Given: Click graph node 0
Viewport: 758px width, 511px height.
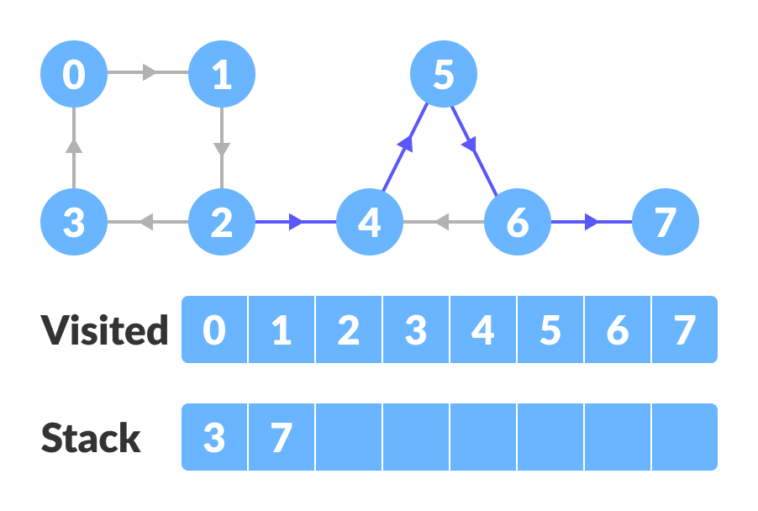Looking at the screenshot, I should point(74,76).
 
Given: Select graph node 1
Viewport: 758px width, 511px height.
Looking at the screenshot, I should point(221,76).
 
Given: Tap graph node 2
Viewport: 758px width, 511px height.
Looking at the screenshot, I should point(221,223).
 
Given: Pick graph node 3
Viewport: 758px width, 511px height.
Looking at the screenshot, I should point(74,223).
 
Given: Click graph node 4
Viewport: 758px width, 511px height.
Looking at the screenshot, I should point(369,223).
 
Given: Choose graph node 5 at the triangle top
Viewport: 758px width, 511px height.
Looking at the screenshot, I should point(443,76).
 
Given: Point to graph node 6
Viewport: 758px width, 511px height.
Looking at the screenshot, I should point(517,223).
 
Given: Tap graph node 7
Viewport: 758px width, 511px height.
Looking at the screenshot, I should point(665,223).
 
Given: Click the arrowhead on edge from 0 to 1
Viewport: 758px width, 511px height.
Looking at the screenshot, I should point(150,73).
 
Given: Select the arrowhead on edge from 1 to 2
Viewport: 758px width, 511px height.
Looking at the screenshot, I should point(221,150).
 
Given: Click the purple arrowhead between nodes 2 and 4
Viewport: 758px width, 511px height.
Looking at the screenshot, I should point(296,223).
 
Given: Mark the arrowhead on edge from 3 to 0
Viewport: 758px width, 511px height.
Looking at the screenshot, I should point(74,146).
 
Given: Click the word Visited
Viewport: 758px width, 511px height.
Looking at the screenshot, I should point(105,330).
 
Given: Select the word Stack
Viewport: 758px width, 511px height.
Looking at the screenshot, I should point(91,438).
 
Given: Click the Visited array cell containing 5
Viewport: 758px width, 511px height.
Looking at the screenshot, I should point(550,329).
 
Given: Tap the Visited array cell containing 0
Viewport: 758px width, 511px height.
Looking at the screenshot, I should point(215,329).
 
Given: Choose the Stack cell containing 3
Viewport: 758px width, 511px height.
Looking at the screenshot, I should point(215,437).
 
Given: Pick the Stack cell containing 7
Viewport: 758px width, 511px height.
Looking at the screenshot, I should point(282,437).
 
